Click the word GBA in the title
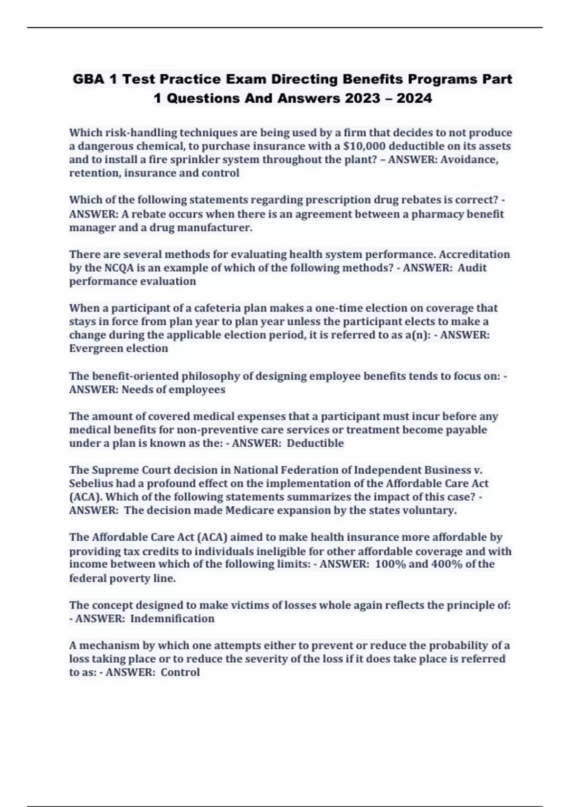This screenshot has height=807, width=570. pyautogui.click(x=89, y=79)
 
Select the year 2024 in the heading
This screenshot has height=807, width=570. pyautogui.click(x=414, y=98)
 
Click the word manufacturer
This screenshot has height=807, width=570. pyautogui.click(x=222, y=228)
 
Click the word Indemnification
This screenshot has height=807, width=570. pyautogui.click(x=172, y=619)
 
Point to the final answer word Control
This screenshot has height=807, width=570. pyautogui.click(x=180, y=672)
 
